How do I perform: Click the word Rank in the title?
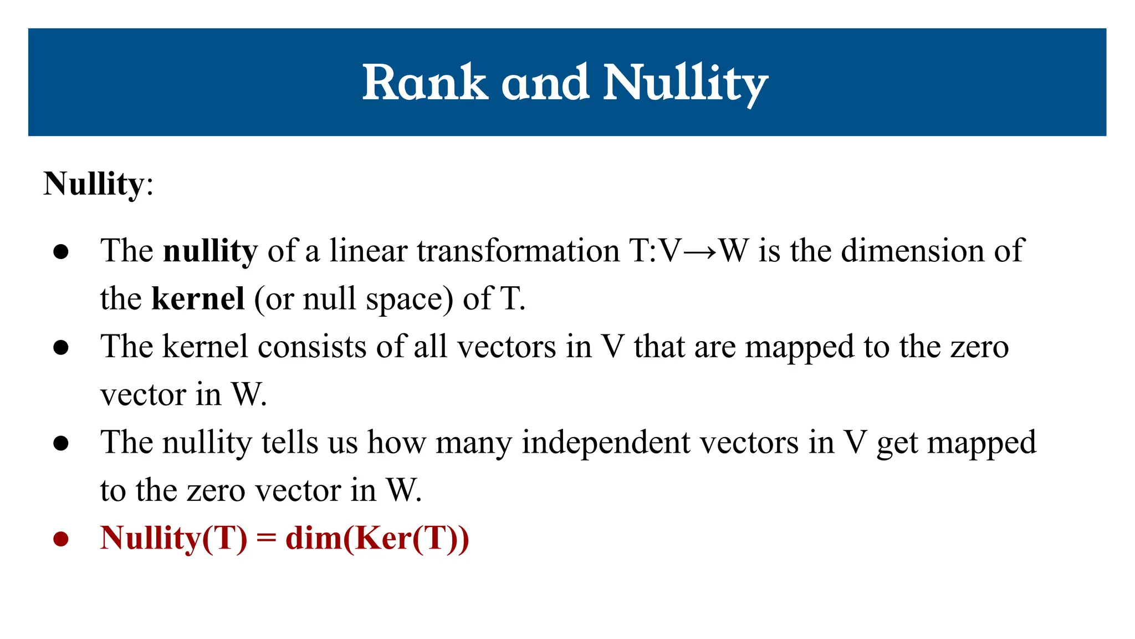425,83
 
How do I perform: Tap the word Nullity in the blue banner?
686,83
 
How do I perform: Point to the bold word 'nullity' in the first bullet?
211,251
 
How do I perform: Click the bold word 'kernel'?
198,299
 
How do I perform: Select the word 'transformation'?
518,251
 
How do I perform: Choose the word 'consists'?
312,347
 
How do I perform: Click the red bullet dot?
61,539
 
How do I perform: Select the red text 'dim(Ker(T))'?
377,539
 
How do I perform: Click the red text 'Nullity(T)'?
174,539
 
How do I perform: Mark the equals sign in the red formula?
267,539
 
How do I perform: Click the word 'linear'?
369,251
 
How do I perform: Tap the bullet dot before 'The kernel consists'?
61,347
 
